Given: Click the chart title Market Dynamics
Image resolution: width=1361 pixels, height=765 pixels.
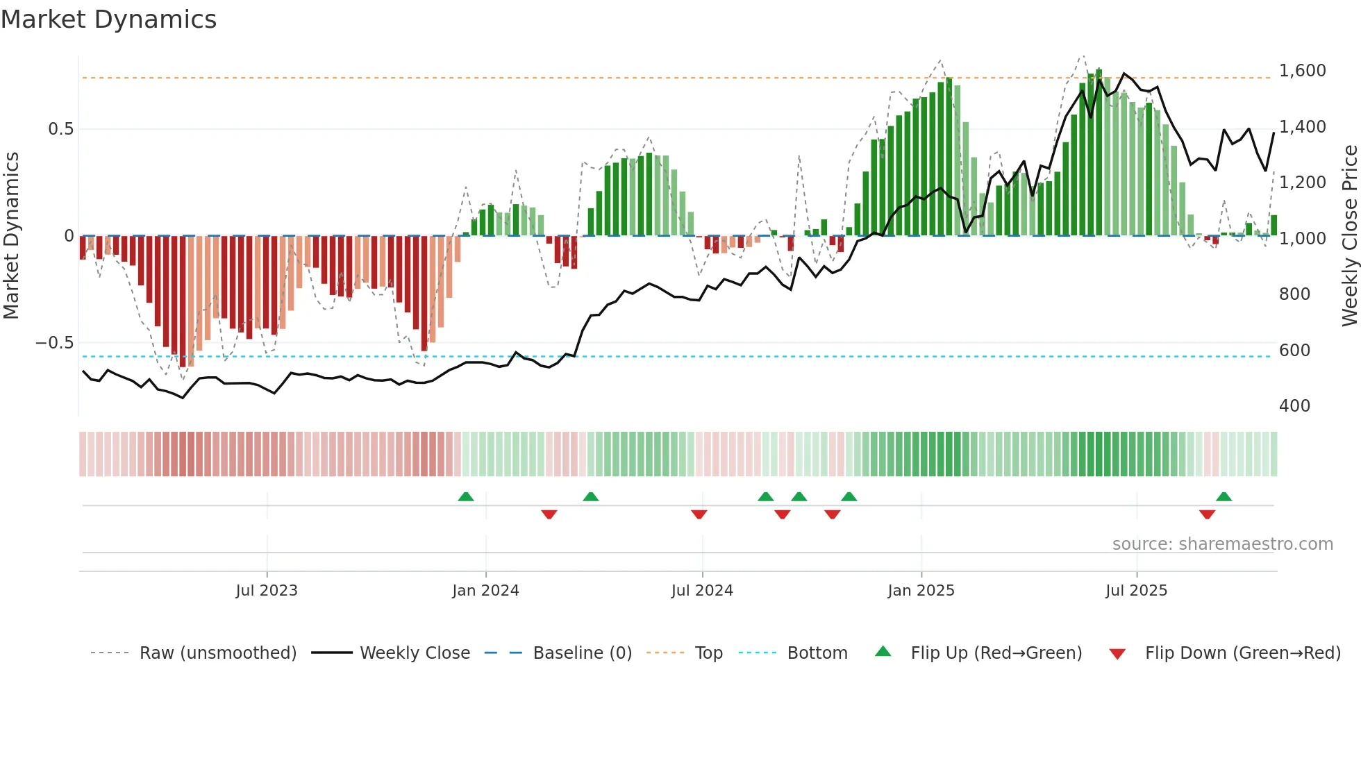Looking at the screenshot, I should [109, 19].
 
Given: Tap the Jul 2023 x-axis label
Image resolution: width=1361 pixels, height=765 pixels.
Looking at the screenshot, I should [267, 591].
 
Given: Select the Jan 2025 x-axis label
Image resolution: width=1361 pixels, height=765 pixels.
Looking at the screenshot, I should [921, 591].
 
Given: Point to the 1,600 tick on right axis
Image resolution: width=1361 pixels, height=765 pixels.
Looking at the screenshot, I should [1302, 71].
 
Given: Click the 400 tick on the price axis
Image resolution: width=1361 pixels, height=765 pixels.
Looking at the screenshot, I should [1294, 406].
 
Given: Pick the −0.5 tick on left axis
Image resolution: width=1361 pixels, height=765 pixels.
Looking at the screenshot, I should [54, 343].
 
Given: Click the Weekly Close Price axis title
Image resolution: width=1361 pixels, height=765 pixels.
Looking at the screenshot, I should [1349, 236].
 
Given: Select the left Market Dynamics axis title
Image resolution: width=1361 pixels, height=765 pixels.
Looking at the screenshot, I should [12, 236].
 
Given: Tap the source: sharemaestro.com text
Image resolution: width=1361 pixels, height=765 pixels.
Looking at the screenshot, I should [1222, 544].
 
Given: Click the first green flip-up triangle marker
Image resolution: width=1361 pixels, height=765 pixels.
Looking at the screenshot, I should [466, 497].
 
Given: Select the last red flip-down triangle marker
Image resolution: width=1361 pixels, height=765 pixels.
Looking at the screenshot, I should [1207, 514].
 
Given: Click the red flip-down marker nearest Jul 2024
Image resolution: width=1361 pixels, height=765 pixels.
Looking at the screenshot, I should [699, 514].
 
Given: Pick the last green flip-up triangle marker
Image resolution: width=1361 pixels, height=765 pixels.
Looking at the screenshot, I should [1224, 497].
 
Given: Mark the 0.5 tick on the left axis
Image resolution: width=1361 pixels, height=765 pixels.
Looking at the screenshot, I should [60, 129].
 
